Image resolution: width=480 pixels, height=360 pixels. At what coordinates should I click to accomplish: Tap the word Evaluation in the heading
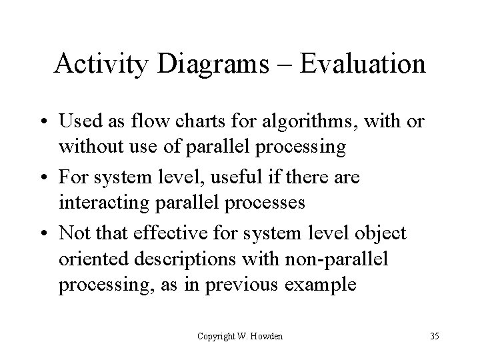coord(363,64)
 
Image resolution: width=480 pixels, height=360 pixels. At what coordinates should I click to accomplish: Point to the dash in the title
coord(287,65)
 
